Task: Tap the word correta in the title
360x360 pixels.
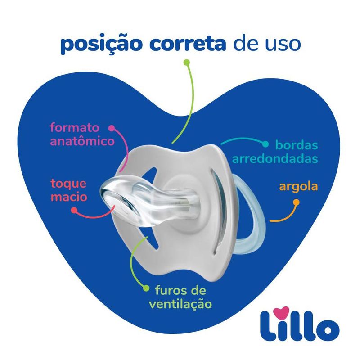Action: click(x=188, y=44)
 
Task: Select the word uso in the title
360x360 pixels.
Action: click(x=283, y=45)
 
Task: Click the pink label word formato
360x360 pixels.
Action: click(x=75, y=127)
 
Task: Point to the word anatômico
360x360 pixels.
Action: click(x=82, y=141)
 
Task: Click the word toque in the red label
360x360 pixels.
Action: click(x=68, y=184)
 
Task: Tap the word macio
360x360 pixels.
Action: click(x=69, y=197)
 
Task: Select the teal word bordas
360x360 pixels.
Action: click(x=297, y=145)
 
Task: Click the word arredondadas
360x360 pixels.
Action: click(x=275, y=158)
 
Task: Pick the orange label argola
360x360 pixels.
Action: click(x=298, y=187)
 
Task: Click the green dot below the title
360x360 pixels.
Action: click(x=187, y=62)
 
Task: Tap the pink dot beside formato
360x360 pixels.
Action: click(x=112, y=128)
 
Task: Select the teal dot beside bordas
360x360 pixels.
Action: click(x=265, y=144)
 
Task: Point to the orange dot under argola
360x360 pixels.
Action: click(x=297, y=202)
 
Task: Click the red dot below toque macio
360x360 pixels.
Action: click(x=74, y=210)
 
